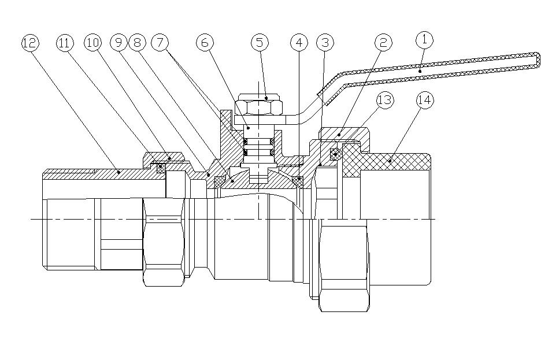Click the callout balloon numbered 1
click(x=425, y=40)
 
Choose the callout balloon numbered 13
click(x=384, y=99)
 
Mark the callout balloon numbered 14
click(x=425, y=99)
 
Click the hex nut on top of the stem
click(x=260, y=107)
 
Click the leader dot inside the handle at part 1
click(x=421, y=70)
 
